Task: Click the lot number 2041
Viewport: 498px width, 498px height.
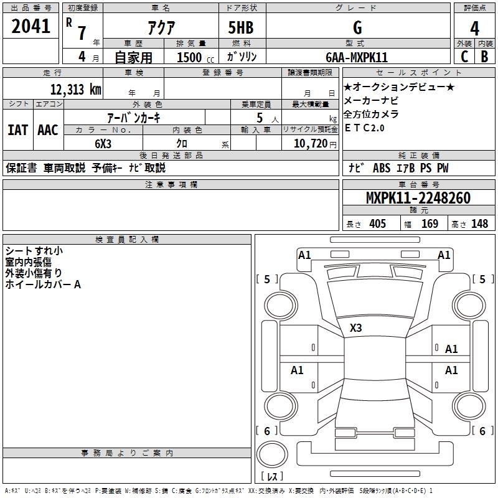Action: pos(31,26)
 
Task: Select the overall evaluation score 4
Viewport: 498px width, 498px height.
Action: pos(474,28)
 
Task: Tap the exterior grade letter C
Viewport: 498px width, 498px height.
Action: pos(464,57)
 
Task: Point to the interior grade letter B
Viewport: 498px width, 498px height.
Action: pos(484,57)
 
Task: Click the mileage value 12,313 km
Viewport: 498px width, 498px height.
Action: pos(75,90)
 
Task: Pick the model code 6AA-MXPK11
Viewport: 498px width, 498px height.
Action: pos(357,57)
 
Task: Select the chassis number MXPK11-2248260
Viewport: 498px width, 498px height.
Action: pos(418,198)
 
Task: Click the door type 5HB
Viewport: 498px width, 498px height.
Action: pos(241,27)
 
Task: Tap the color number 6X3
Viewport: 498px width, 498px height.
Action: pos(103,144)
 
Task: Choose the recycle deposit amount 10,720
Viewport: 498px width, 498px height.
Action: pos(311,144)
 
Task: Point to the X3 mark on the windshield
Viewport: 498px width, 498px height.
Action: pos(355,328)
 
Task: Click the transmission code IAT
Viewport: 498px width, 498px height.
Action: pos(17,130)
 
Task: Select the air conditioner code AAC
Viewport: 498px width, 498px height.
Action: pos(48,130)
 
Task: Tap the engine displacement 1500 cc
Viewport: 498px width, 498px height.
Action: pos(195,57)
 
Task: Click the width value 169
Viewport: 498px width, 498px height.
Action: pos(430,223)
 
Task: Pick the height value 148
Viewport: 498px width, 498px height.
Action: pos(479,223)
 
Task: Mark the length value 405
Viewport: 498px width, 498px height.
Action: pos(377,223)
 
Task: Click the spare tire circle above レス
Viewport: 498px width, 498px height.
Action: pos(272,454)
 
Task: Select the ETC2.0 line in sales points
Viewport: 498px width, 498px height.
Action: pos(364,128)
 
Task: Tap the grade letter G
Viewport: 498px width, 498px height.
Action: pos(357,27)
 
